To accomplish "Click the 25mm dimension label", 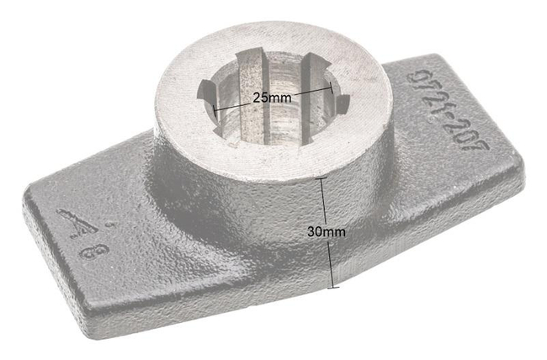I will [x=271, y=98].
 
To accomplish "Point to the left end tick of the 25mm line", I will [x=215, y=110].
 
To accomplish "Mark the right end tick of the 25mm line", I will [x=331, y=87].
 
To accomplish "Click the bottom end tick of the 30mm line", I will [x=334, y=287].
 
